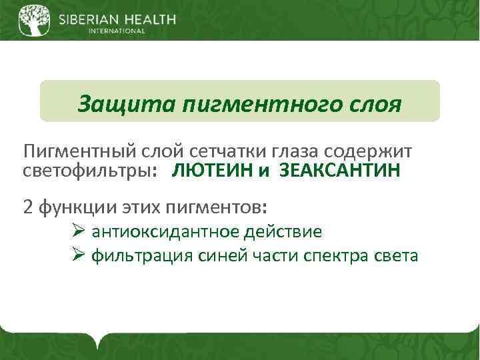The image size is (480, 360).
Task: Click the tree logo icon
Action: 33,20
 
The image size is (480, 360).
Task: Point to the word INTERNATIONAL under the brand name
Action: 117,31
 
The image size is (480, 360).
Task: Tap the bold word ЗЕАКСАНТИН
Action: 340,171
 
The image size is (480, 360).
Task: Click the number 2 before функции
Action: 28,206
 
